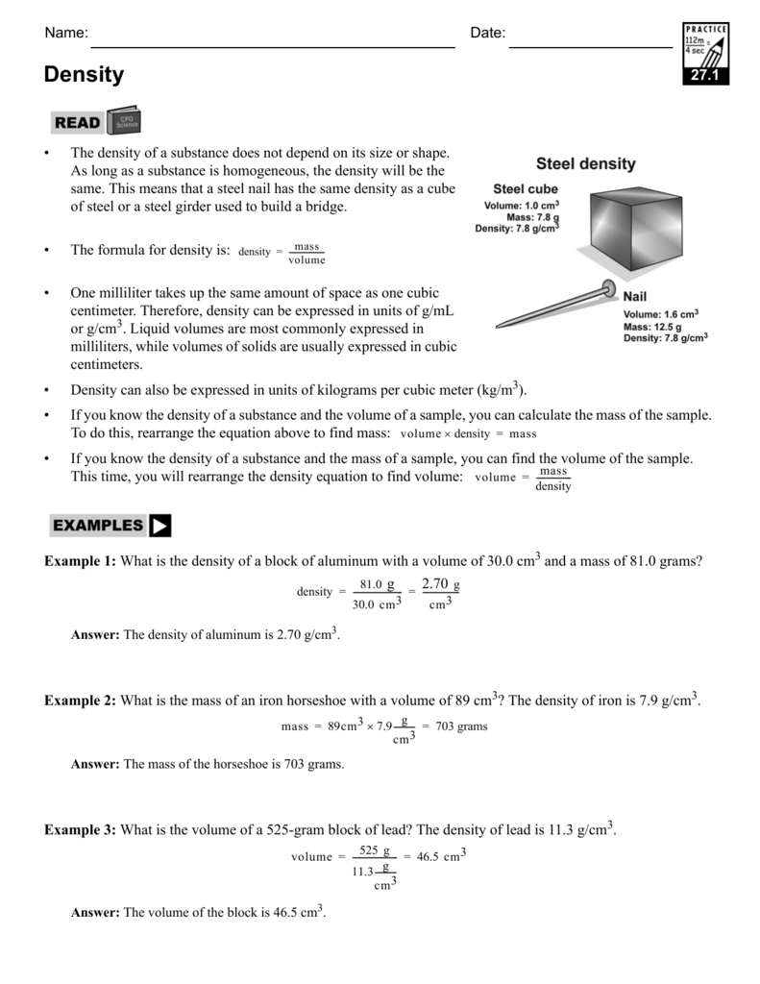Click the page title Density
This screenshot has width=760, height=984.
pos(84,75)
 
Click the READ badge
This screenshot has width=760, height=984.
pos(78,122)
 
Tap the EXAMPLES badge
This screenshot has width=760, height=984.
pos(98,526)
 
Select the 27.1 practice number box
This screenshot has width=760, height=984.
pos(705,76)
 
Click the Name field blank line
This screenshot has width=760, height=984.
pos(272,38)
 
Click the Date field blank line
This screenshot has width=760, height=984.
pos(590,38)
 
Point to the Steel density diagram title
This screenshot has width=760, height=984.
pos(585,164)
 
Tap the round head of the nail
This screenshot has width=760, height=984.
pos(607,285)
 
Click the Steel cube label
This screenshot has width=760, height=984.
pos(526,189)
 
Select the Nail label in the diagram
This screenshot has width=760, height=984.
pos(636,297)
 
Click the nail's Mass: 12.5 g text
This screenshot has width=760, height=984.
pos(653,327)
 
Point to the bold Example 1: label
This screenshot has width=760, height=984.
pos(80,561)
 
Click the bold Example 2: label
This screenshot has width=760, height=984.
pos(80,701)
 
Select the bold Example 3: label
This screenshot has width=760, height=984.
pos(80,830)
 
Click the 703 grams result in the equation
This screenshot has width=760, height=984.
pos(461,726)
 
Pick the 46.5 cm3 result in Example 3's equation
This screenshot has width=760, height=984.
pos(441,855)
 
